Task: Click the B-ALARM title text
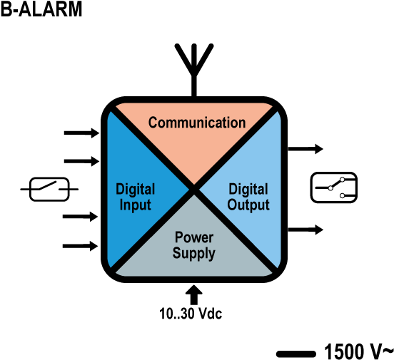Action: click(x=41, y=9)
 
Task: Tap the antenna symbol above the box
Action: click(x=194, y=70)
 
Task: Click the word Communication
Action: click(x=197, y=123)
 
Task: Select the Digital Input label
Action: click(x=135, y=197)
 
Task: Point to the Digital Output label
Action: click(x=248, y=197)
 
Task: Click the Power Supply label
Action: click(x=194, y=245)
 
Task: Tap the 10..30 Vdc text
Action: click(x=191, y=314)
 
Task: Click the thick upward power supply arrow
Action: click(x=193, y=294)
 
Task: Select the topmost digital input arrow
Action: click(x=81, y=133)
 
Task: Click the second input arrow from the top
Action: click(x=81, y=161)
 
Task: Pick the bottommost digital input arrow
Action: click(x=80, y=246)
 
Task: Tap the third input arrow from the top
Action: click(x=80, y=217)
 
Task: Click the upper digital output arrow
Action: click(x=305, y=149)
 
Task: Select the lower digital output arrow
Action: click(x=305, y=230)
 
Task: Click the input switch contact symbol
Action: click(x=49, y=190)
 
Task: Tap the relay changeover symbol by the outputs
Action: click(x=334, y=187)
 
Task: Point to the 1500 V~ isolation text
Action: click(x=359, y=351)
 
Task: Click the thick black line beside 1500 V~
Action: click(x=296, y=354)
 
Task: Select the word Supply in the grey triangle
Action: click(x=194, y=253)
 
